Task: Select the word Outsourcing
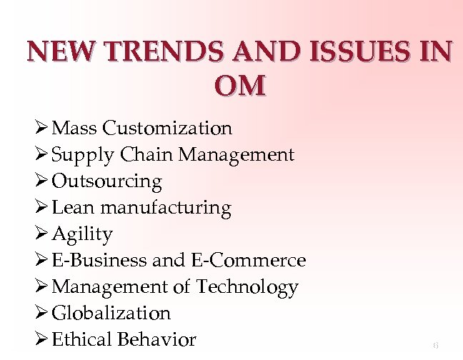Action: (x=107, y=181)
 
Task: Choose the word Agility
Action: (x=83, y=234)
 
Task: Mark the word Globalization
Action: (x=112, y=313)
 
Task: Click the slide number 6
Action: (x=435, y=345)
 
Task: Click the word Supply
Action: (x=82, y=155)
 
